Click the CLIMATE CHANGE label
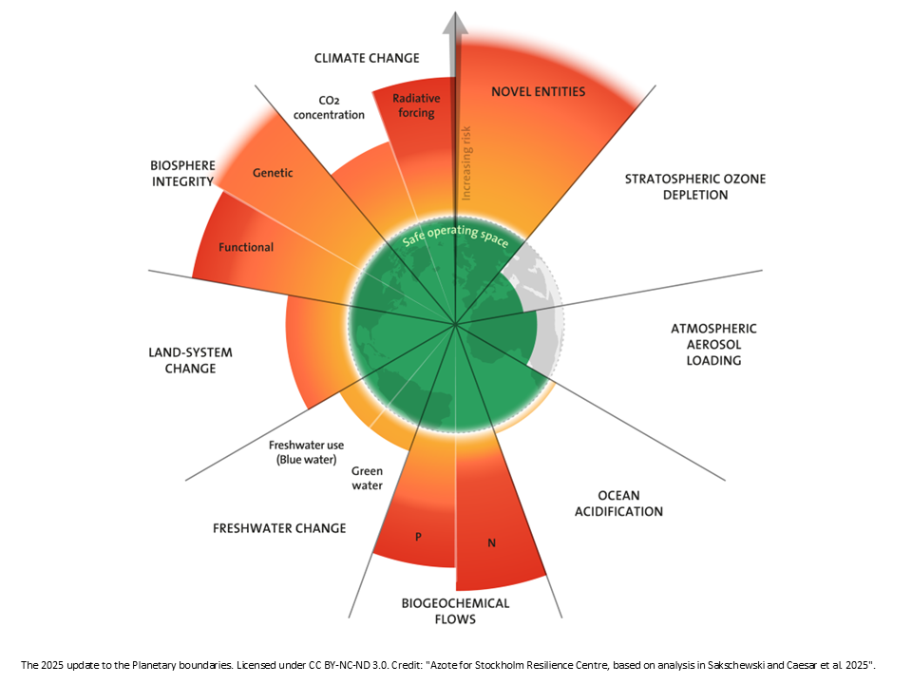(x=367, y=58)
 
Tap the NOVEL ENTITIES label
(x=538, y=91)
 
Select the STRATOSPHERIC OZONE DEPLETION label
(x=695, y=187)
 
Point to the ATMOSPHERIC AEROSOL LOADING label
(x=713, y=344)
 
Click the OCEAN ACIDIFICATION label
(x=618, y=503)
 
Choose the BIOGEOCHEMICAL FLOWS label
(x=455, y=611)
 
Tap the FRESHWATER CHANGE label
(x=279, y=528)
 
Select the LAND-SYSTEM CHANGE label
(x=190, y=360)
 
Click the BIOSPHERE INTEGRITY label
(x=183, y=173)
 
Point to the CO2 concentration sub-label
(x=329, y=107)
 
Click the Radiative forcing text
(x=416, y=105)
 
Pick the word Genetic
(x=273, y=173)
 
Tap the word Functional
(x=246, y=247)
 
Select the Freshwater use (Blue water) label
(x=306, y=452)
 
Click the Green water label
(x=367, y=478)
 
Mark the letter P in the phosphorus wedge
(x=418, y=537)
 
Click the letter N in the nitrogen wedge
(x=491, y=543)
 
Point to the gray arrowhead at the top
(x=455, y=22)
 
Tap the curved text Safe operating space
(x=455, y=235)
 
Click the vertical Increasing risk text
(x=465, y=163)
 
